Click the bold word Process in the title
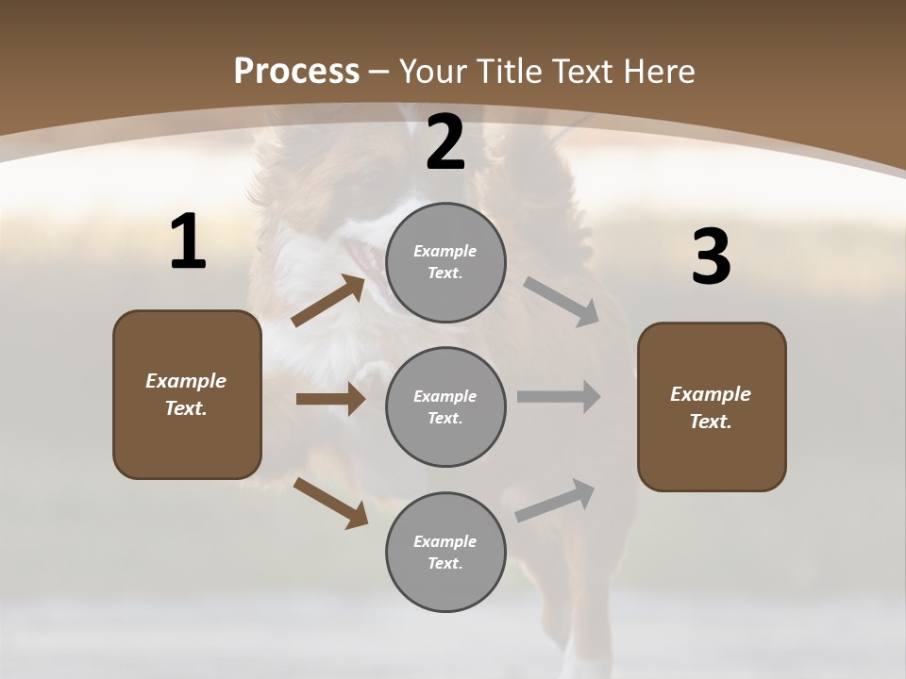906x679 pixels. (x=296, y=71)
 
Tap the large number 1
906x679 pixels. (x=188, y=242)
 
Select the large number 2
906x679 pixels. (x=445, y=142)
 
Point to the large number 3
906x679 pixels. (x=711, y=257)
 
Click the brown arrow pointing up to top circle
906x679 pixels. (x=328, y=301)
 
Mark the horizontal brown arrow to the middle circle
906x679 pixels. (x=330, y=399)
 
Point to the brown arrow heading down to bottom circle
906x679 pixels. (x=331, y=503)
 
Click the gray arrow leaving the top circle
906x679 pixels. (x=562, y=302)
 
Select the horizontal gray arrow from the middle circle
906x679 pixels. (x=559, y=397)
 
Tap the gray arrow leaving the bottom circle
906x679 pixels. (x=555, y=500)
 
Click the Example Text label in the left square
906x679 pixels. (x=186, y=394)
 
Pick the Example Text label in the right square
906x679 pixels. (x=711, y=407)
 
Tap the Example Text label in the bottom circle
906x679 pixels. (x=445, y=553)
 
